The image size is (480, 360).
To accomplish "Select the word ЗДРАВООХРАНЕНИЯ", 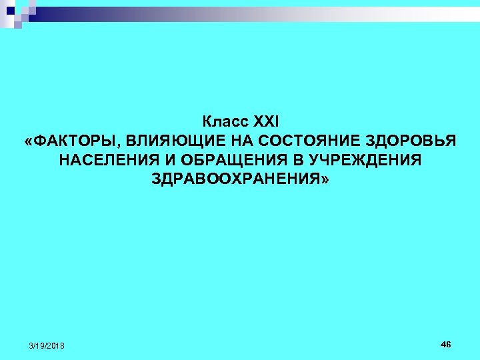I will (235, 180).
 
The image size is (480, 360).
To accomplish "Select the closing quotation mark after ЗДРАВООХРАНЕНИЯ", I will (325, 180).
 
